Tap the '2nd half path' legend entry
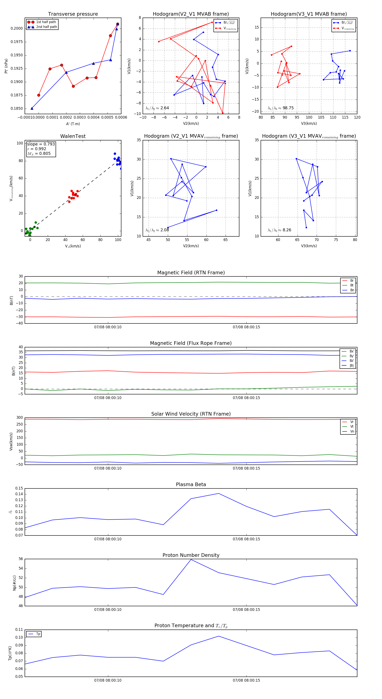pyautogui.click(x=46, y=27)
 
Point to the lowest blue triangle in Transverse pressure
pyautogui.click(x=32, y=108)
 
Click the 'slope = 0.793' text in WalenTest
pyautogui.click(x=41, y=144)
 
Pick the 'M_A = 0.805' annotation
pyautogui.click(x=39, y=154)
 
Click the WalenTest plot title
pyautogui.click(x=73, y=136)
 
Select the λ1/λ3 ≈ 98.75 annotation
pyautogui.click(x=281, y=108)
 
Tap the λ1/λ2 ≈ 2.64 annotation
pyautogui.click(x=157, y=108)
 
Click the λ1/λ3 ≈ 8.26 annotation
pyautogui.click(x=279, y=230)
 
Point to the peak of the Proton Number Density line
pyautogui.click(x=191, y=560)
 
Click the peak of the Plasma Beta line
pyautogui.click(x=219, y=493)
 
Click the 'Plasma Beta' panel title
pyautogui.click(x=191, y=484)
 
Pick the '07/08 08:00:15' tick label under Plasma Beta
pyautogui.click(x=246, y=539)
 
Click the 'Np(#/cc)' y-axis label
pyautogui.click(x=14, y=583)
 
